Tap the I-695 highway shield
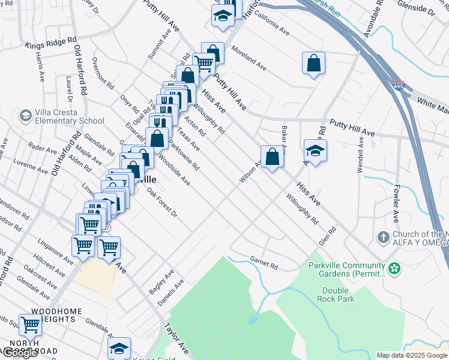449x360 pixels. (398, 86)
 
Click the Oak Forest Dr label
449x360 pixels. (163, 204)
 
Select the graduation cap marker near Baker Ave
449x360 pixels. (315, 150)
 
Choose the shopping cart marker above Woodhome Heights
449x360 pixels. (30, 325)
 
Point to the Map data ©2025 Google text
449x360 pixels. (412, 355)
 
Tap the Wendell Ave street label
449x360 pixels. (361, 155)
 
